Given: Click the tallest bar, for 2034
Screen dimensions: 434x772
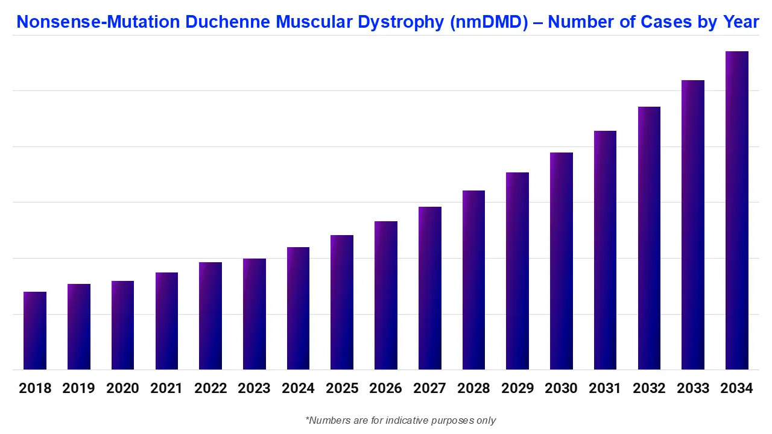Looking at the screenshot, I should coord(736,210).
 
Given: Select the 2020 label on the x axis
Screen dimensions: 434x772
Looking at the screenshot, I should coord(122,388).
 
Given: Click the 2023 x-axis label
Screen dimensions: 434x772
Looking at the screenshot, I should coord(254,388).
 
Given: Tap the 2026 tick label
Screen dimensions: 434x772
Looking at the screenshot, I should coord(385,388).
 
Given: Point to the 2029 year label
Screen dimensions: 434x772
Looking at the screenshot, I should coord(517,388).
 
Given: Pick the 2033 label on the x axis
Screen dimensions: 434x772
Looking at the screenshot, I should coord(692,388).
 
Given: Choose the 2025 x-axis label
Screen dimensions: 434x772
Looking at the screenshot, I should coord(341,388).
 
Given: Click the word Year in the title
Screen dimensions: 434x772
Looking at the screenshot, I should coord(740,22).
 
